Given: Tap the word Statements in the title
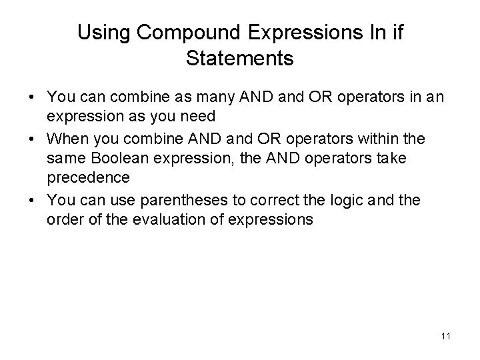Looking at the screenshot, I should click(240, 59).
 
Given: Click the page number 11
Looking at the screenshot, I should click(446, 336).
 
